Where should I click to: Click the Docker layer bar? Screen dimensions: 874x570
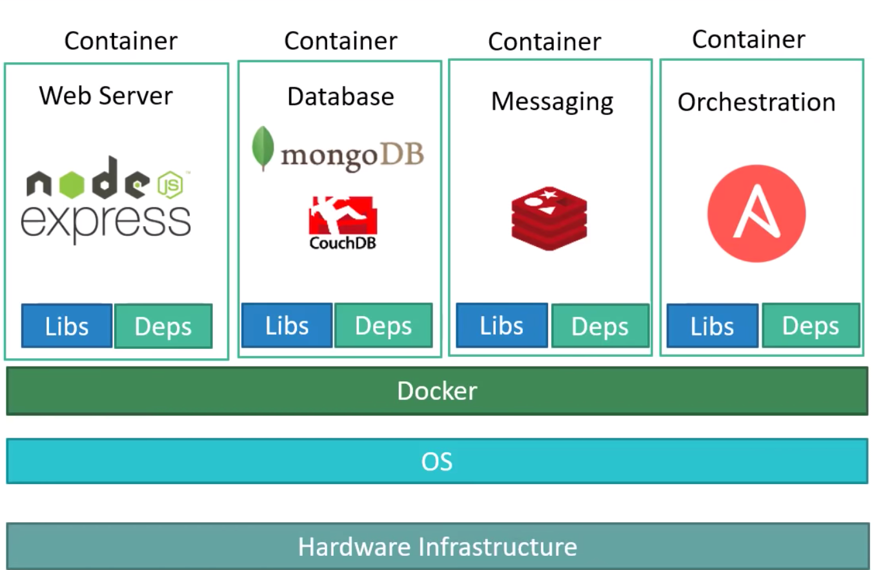[x=437, y=391]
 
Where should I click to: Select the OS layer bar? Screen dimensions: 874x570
[x=437, y=461]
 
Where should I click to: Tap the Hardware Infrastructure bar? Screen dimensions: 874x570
[x=438, y=546]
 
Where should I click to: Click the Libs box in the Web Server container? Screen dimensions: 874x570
[x=66, y=326]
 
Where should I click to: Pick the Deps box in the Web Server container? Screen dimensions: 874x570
[x=163, y=326]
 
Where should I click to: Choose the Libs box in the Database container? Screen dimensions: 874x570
[x=287, y=325]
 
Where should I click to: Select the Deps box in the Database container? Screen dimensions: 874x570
[x=383, y=325]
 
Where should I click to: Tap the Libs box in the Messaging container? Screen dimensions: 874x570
[x=502, y=326]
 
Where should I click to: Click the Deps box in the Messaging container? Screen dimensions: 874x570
[x=600, y=326]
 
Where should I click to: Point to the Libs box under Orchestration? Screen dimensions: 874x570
[x=713, y=326]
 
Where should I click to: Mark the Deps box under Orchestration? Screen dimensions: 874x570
[x=811, y=326]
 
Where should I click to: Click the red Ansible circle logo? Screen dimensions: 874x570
[x=757, y=214]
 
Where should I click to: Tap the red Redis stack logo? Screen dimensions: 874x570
[x=549, y=218]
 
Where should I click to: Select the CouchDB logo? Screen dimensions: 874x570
[x=343, y=223]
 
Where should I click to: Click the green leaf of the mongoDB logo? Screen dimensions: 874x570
[x=263, y=149]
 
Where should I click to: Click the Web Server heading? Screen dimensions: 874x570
[x=106, y=96]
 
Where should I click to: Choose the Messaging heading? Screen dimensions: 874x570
[x=552, y=102]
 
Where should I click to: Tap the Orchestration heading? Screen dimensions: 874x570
[x=757, y=102]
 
